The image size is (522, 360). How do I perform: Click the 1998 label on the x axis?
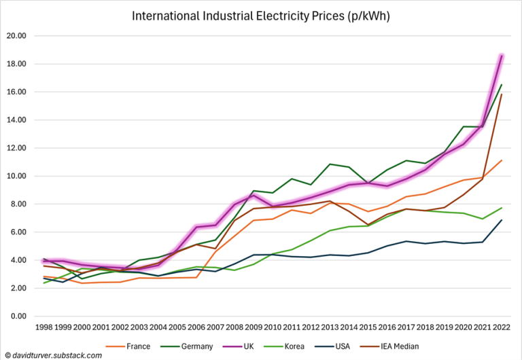(x=42, y=327)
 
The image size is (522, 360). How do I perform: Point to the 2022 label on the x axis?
(x=502, y=327)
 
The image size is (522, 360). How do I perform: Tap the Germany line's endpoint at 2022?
(x=502, y=84)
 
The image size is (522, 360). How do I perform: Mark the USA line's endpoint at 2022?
(x=502, y=219)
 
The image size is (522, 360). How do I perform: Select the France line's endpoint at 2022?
(x=502, y=160)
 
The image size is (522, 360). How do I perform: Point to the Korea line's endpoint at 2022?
(x=502, y=208)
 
